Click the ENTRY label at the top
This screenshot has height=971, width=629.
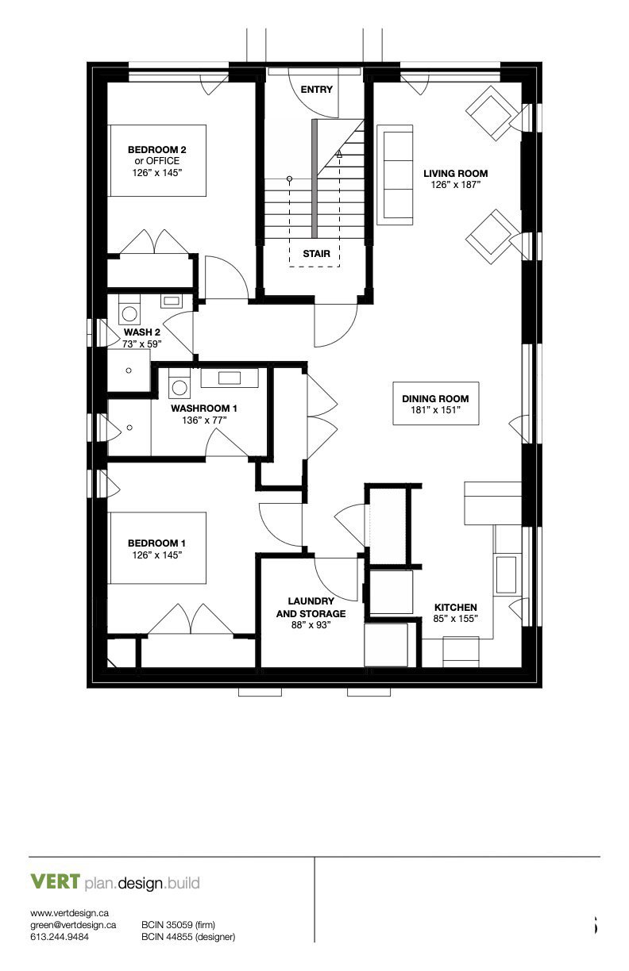coord(316,90)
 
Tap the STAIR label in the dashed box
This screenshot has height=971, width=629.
coord(315,255)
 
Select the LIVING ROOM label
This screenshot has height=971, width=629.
coord(455,173)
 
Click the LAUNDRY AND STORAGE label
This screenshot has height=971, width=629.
coord(311,607)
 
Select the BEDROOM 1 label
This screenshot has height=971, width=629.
coord(156,543)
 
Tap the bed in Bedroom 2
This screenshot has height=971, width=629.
coord(157,160)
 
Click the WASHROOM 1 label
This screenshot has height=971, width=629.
coord(204,409)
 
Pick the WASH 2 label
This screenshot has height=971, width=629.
coord(142,332)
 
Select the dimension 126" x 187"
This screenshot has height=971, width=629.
coord(455,184)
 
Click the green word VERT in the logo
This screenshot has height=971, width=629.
coord(55,882)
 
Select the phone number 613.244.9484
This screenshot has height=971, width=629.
coord(60,937)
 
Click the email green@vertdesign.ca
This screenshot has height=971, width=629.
coord(73,924)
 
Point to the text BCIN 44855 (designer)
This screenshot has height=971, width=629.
coord(188,937)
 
